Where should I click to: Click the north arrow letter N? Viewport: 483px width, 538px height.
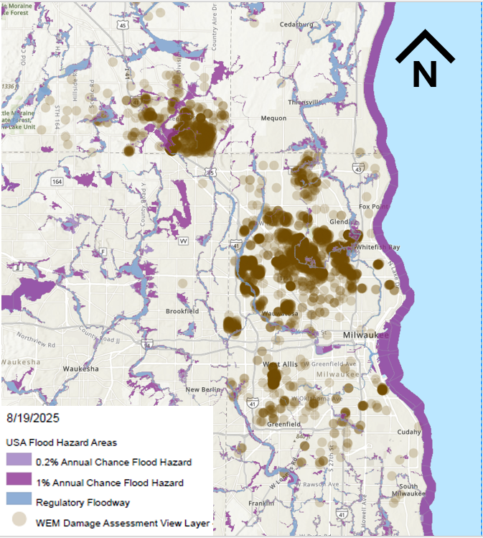click(424, 74)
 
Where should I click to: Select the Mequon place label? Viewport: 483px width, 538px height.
click(273, 119)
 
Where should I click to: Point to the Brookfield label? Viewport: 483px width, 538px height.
click(182, 311)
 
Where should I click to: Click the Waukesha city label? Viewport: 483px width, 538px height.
click(80, 368)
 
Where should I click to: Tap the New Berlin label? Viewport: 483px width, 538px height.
click(202, 390)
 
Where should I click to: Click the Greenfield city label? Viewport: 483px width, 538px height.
click(283, 425)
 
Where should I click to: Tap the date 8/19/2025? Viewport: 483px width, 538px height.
click(33, 417)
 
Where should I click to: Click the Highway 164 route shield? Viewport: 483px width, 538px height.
click(57, 181)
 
